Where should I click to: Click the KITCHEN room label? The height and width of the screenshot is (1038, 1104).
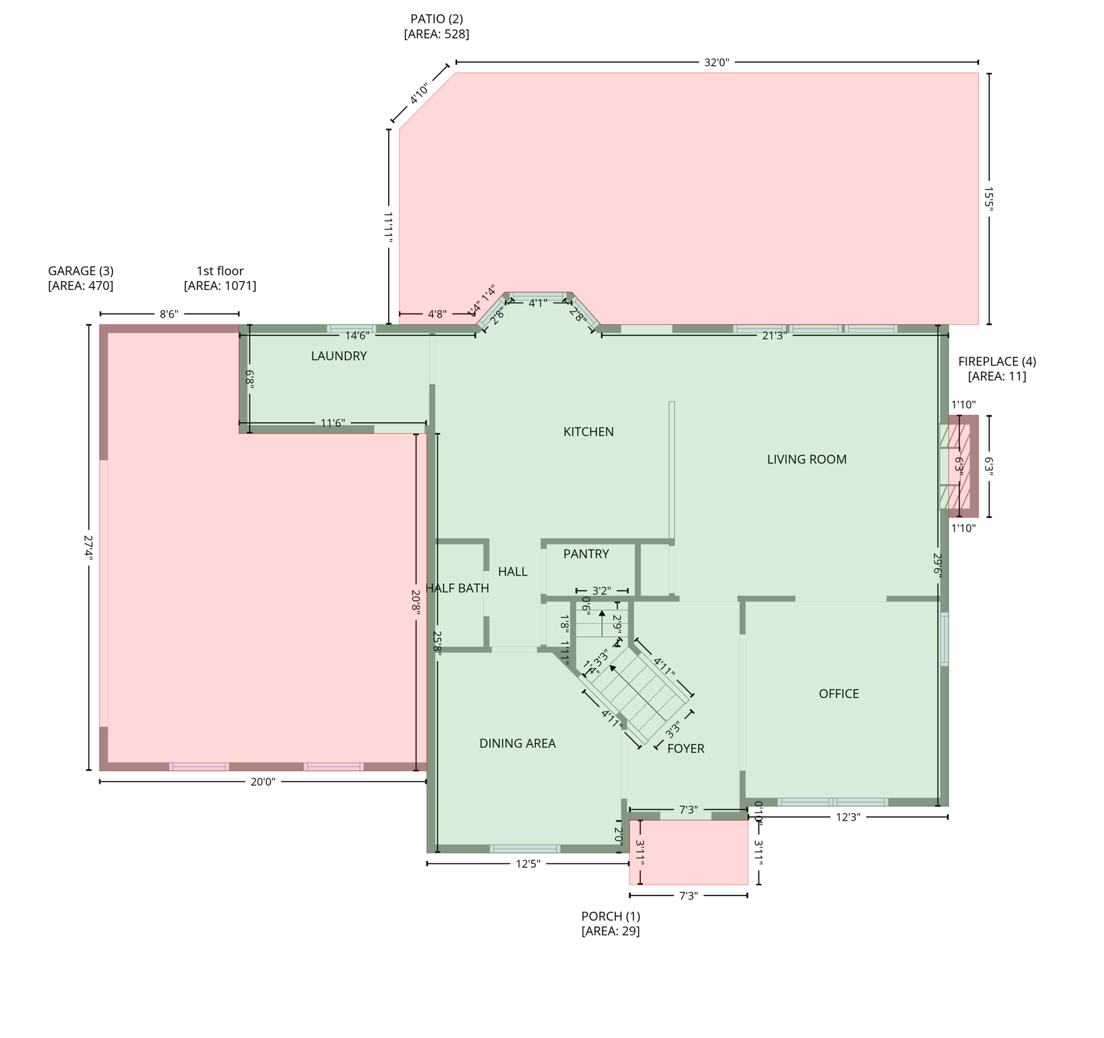(x=588, y=432)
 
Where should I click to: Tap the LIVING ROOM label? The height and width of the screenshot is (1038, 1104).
(x=807, y=460)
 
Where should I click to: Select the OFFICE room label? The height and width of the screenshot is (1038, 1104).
(x=838, y=694)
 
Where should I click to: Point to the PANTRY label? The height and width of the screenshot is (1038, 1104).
(x=586, y=554)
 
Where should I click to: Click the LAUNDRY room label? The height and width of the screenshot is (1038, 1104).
(x=339, y=356)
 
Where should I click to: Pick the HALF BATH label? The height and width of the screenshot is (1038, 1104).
(x=458, y=588)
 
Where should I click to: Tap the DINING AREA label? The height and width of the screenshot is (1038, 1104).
(x=517, y=743)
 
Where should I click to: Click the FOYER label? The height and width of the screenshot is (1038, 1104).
(x=686, y=749)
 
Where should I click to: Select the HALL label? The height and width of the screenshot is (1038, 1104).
(x=512, y=572)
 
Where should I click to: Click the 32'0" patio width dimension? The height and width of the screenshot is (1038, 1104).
(x=717, y=63)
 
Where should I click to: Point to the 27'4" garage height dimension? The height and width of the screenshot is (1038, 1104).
(x=89, y=547)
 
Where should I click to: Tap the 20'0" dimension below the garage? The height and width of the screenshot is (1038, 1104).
(x=263, y=782)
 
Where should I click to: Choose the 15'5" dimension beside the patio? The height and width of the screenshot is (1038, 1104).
(x=989, y=199)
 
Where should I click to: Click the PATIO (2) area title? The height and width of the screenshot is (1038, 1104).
(x=437, y=19)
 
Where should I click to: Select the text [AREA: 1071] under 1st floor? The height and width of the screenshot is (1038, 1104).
(x=220, y=286)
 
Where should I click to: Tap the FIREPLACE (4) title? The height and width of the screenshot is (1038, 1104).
(x=997, y=362)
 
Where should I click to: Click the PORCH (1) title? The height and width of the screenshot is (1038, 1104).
(x=610, y=916)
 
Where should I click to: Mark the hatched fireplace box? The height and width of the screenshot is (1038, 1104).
(x=959, y=466)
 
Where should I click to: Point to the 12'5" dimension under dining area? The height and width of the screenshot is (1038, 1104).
(x=528, y=864)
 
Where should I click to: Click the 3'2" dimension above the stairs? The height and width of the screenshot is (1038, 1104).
(x=602, y=591)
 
